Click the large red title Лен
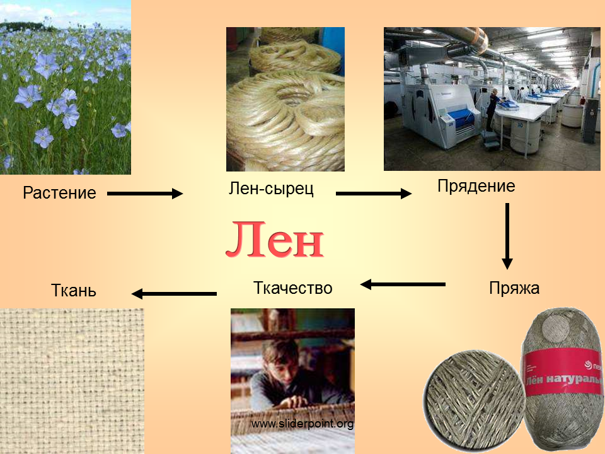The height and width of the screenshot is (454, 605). click(275, 240)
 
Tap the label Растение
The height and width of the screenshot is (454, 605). click(59, 193)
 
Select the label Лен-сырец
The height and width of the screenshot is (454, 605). click(271, 189)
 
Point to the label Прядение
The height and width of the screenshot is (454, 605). click(476, 187)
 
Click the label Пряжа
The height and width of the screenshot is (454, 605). click(514, 288)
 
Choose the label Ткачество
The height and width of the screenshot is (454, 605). click(293, 288)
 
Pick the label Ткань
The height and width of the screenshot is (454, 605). click(73, 290)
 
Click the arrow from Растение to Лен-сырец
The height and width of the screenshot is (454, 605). click(145, 194)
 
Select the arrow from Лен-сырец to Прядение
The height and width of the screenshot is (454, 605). click(374, 194)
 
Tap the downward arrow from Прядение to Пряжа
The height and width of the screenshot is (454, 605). click(507, 236)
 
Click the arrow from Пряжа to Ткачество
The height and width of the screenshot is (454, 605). click(403, 284)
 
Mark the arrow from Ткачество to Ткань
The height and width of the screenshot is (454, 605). click(174, 294)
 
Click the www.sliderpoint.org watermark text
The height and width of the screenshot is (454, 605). click(302, 424)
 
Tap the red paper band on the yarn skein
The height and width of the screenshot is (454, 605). click(563, 373)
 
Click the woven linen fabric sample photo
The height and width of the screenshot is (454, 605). click(72, 381)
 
